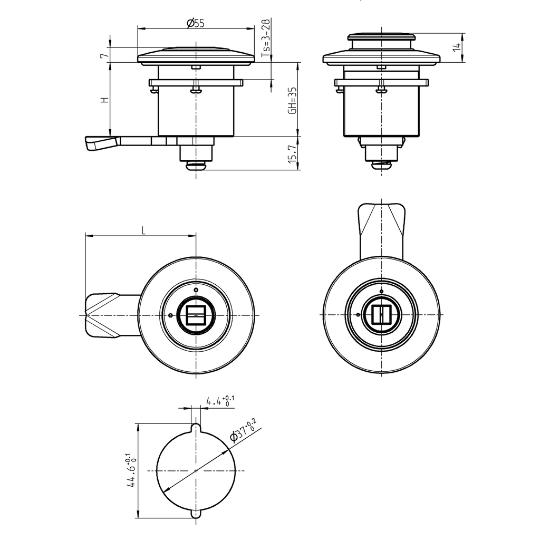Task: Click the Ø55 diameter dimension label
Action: [x=196, y=23]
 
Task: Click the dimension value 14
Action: [x=457, y=47]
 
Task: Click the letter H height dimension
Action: [x=105, y=100]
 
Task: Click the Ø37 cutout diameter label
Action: [x=243, y=430]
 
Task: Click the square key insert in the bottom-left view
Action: [x=196, y=315]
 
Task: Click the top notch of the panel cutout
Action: [x=196, y=426]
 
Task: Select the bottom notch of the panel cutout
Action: [x=196, y=515]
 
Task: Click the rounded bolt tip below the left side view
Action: [x=196, y=166]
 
